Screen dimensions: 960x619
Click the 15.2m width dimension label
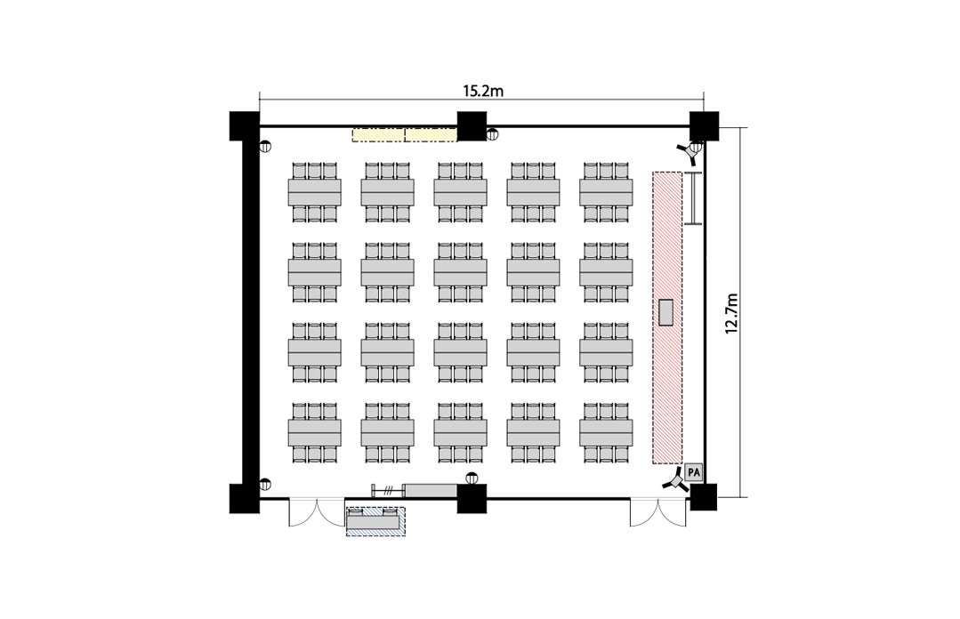click(x=482, y=92)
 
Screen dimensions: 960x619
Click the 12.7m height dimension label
click(x=731, y=313)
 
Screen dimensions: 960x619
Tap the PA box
click(x=693, y=472)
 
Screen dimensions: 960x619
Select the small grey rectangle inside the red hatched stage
click(x=666, y=312)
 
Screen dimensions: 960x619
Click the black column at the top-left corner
click(x=245, y=126)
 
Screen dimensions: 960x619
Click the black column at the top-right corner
click(x=704, y=126)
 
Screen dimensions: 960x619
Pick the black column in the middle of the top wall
click(x=472, y=126)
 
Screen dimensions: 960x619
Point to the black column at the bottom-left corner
click(x=245, y=498)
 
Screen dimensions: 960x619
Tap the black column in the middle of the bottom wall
click(x=472, y=498)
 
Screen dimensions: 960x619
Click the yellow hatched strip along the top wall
click(x=405, y=134)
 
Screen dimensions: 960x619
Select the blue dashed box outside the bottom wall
click(x=376, y=522)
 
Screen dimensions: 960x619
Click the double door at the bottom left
click(x=317, y=512)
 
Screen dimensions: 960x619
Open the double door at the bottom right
click(x=658, y=512)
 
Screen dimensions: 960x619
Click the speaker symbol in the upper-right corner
click(x=692, y=151)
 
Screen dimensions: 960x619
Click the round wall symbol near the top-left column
click(x=265, y=147)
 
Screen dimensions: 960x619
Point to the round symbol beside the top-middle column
click(x=492, y=134)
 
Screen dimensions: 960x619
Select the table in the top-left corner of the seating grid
click(x=315, y=192)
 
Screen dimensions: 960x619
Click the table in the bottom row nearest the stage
click(x=606, y=432)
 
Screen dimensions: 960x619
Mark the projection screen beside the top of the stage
click(x=693, y=198)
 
